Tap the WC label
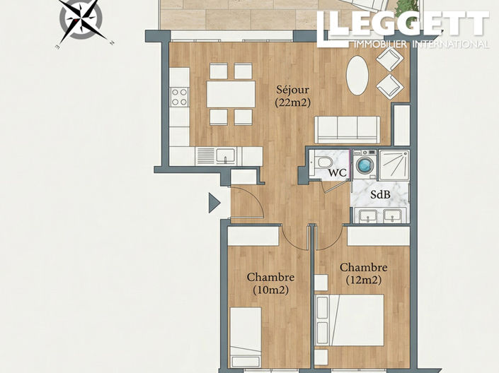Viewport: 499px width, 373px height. click(x=338, y=172)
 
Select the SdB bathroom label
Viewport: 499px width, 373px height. click(x=381, y=194)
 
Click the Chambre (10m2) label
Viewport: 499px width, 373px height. click(x=270, y=283)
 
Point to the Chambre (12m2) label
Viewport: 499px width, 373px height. click(x=363, y=273)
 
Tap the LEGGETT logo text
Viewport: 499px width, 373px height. click(x=403, y=24)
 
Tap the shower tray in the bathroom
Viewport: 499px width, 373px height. click(x=394, y=166)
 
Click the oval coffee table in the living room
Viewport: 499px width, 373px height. click(x=357, y=75)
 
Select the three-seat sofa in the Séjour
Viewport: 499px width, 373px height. click(x=347, y=130)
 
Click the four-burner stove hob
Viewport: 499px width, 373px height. click(x=180, y=96)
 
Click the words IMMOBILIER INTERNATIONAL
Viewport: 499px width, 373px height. click(x=419, y=45)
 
